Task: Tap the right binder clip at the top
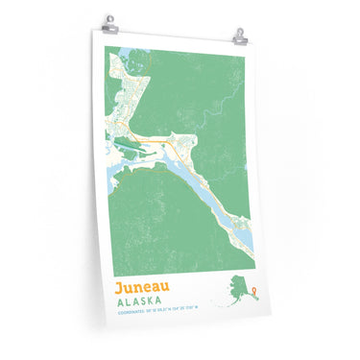tap(239, 36)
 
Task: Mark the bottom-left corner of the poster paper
tap(103, 326)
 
